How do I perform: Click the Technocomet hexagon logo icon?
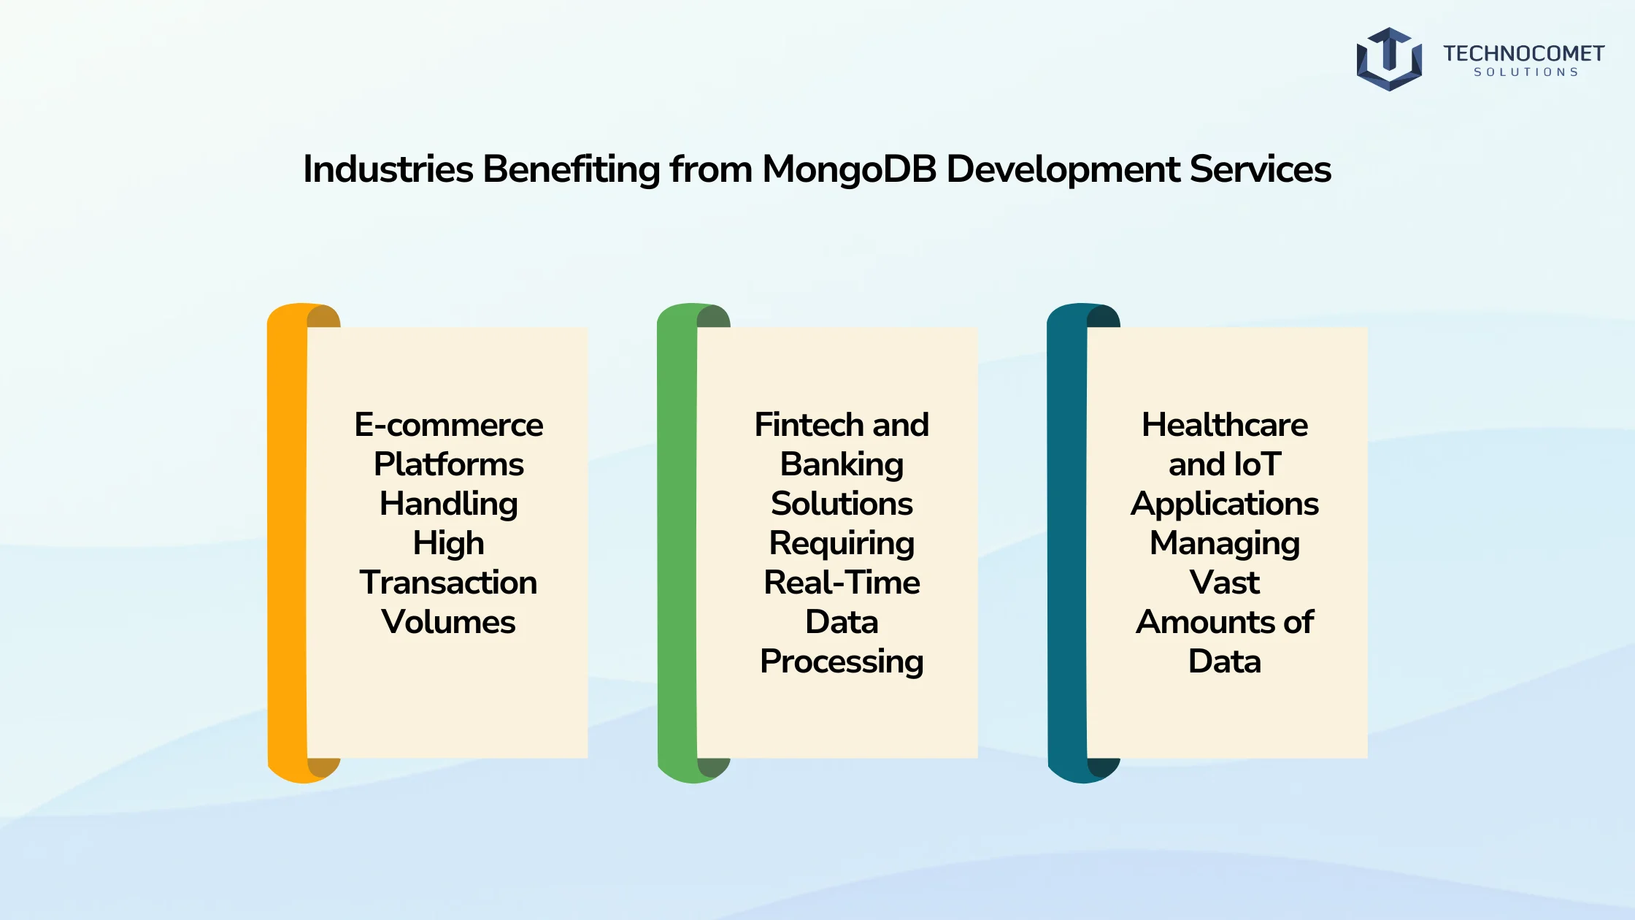coord(1389,59)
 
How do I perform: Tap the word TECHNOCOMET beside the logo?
coord(1523,53)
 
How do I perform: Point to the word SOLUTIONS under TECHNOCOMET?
coord(1526,72)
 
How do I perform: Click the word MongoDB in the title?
coord(849,170)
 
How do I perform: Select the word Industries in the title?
coord(388,169)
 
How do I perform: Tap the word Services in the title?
coord(1261,169)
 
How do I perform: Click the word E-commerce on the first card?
coord(449,425)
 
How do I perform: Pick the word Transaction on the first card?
coord(448,583)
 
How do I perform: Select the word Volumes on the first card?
coord(448,622)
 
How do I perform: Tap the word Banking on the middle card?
coord(842,465)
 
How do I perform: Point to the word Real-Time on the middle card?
coord(842,583)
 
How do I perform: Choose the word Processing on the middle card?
coord(842,662)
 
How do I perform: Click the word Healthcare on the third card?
coord(1225,425)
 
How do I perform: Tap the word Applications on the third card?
coord(1225,505)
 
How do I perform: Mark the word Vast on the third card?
coord(1225,583)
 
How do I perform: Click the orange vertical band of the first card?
coord(288,543)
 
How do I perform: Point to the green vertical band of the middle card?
coord(677,543)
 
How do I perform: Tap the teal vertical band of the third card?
coord(1067,543)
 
